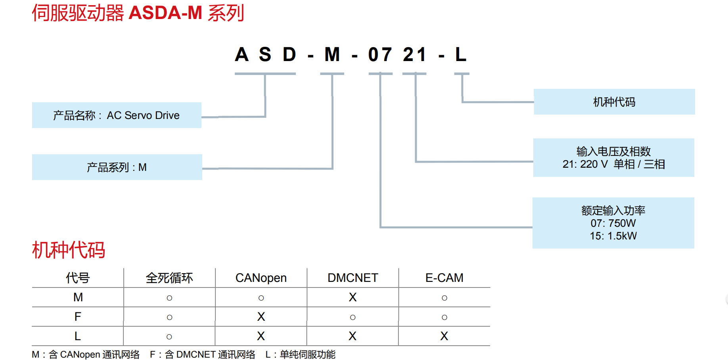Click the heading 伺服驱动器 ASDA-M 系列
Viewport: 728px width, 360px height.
(x=138, y=13)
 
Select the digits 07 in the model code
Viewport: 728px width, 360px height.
(x=380, y=55)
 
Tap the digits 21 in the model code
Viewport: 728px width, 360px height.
(x=414, y=55)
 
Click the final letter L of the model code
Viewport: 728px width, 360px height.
(x=461, y=55)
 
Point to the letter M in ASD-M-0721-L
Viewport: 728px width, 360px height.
(x=332, y=55)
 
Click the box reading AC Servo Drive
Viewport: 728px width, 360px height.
(x=117, y=115)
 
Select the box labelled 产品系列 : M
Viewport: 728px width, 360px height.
(x=117, y=167)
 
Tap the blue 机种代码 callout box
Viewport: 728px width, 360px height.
(x=614, y=102)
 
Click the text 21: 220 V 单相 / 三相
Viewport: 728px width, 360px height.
(x=613, y=164)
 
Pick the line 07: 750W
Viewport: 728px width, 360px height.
(x=613, y=223)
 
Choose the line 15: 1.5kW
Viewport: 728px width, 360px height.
(x=613, y=236)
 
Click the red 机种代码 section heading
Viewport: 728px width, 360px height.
(x=68, y=250)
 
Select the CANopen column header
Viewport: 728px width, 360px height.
(x=261, y=278)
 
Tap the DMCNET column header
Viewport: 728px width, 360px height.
(x=353, y=278)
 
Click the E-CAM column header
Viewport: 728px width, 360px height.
(x=444, y=278)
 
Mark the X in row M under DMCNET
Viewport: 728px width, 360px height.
(x=353, y=297)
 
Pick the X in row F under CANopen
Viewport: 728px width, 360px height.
(x=261, y=317)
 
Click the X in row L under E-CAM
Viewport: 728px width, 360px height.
(x=444, y=336)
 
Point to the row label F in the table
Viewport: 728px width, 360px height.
(x=78, y=317)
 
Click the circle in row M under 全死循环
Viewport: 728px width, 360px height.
(x=169, y=298)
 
